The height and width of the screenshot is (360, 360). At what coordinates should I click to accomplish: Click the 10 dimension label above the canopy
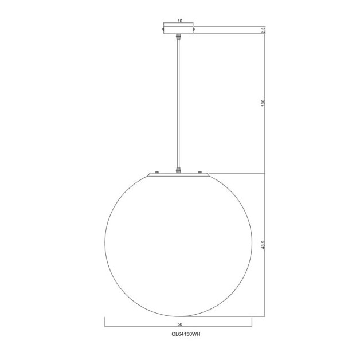(180, 21)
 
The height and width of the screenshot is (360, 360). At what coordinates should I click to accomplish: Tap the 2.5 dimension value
(263, 30)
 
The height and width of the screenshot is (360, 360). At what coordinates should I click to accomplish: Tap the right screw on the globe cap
(200, 171)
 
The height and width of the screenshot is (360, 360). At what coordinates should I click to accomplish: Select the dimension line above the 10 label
(180, 25)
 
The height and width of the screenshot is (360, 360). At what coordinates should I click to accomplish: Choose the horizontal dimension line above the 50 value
(180, 327)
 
